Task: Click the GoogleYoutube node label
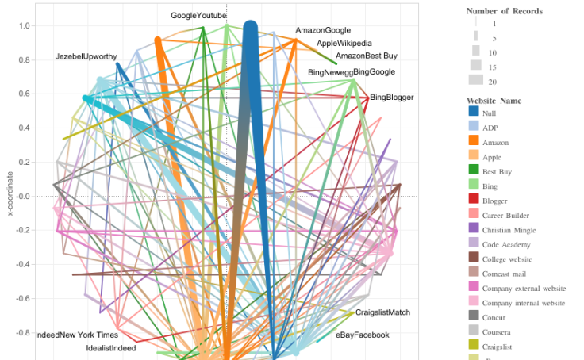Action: point(199,16)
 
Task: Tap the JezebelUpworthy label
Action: point(86,57)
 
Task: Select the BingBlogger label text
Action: point(391,98)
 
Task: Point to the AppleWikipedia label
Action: point(344,44)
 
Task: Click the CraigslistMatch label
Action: point(382,312)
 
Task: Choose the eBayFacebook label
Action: point(363,335)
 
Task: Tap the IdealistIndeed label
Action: point(111,348)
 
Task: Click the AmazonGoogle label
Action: point(323,31)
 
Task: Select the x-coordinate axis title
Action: point(10,193)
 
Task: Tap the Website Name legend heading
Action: point(494,101)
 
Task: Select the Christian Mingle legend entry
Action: point(513,230)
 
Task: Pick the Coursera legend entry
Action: point(498,332)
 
